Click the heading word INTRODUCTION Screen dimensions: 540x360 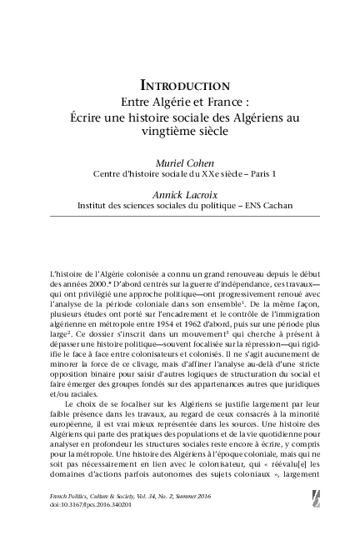click(184, 85)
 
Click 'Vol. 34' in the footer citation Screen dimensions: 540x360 click(169, 518)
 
